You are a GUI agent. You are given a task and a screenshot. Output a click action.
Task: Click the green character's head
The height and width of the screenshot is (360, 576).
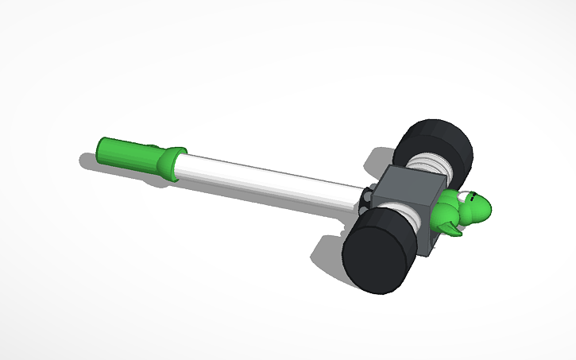pos(477,208)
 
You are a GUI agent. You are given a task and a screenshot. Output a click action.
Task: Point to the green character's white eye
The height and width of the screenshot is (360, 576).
pos(474,197)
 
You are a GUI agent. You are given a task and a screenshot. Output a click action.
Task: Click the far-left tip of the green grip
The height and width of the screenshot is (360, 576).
pos(99,148)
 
